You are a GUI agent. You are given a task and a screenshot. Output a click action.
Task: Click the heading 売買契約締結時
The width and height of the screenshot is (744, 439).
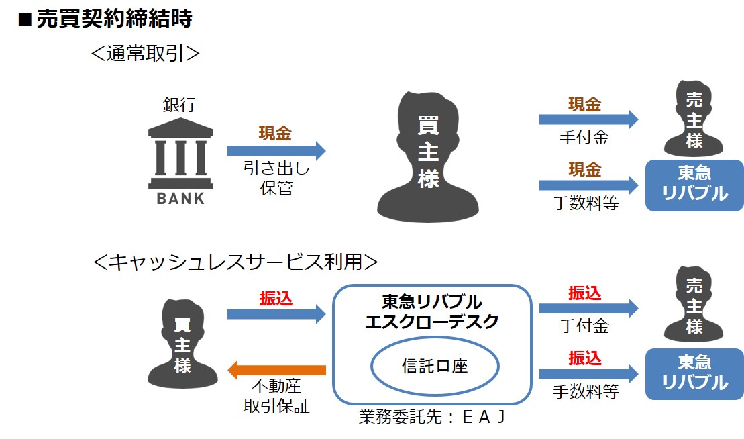pos(114,19)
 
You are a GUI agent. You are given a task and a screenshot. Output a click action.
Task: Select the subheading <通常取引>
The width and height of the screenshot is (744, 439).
pos(145,53)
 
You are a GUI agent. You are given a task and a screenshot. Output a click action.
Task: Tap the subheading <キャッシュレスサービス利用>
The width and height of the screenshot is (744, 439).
pos(236,262)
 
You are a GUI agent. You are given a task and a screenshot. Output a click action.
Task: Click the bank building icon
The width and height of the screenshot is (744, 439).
pos(180,153)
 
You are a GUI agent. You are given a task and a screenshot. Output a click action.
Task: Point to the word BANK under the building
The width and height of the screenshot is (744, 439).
pos(180,199)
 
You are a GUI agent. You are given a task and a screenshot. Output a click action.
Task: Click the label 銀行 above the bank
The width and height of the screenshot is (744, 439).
pos(179,105)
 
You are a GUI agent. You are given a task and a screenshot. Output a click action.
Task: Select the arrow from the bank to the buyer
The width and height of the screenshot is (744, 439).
pos(276,151)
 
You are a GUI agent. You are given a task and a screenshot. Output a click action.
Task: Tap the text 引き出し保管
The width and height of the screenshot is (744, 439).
pos(276,178)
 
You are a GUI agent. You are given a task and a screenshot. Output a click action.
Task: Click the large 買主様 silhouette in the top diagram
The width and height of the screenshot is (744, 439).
pos(428,156)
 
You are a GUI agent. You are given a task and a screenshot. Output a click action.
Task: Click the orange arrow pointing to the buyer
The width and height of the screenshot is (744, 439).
pos(276,370)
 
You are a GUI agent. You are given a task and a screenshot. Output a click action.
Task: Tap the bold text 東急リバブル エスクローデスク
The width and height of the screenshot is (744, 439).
pos(432,312)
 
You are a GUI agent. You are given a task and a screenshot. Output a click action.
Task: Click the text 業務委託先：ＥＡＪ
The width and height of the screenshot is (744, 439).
pos(432,417)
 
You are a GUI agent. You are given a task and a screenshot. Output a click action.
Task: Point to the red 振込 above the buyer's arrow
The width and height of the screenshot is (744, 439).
pos(276,299)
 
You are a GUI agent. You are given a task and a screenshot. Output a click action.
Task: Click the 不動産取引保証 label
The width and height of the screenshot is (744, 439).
pos(276,396)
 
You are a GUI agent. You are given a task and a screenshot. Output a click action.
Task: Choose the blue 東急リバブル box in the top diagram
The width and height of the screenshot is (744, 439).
pos(694,185)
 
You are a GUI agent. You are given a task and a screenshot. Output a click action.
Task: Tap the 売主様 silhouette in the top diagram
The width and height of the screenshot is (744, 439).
pos(694,119)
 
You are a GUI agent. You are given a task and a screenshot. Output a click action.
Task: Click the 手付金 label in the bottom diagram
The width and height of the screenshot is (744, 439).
pos(584,326)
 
